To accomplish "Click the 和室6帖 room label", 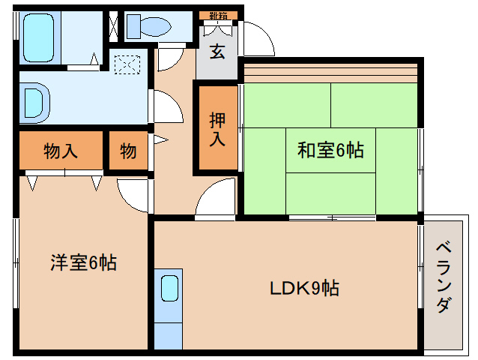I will (330, 151).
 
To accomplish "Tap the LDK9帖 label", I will (305, 288).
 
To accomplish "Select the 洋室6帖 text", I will (82, 263).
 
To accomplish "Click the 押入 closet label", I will (217, 128).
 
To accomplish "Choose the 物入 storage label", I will (60, 151).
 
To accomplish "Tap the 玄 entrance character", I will (217, 52).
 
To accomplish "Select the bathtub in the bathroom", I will (37, 37).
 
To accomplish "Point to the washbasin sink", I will (34, 101).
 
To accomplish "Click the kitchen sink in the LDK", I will (169, 287).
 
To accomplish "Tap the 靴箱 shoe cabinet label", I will (218, 15).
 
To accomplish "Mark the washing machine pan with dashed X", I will (127, 63).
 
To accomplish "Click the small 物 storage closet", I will (128, 151).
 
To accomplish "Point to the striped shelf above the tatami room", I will (330, 73).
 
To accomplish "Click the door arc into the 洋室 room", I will (133, 195).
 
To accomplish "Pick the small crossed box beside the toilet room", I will (113, 25).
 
